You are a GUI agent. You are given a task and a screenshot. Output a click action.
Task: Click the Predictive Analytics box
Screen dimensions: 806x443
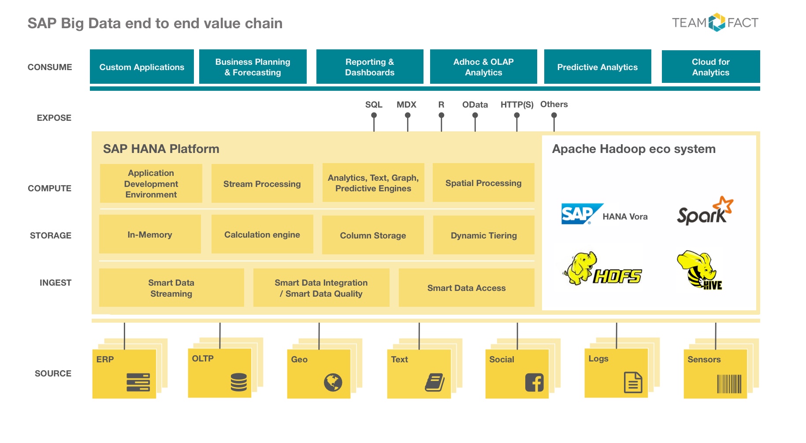(x=598, y=67)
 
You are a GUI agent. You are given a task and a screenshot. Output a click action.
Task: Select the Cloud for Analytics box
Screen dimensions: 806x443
(x=711, y=67)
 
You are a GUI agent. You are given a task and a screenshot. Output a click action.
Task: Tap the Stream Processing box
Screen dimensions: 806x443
(x=262, y=183)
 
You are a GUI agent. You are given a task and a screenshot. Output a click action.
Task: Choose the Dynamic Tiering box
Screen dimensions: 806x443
(x=484, y=235)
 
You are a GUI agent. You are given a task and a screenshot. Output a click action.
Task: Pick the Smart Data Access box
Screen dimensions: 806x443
(x=467, y=288)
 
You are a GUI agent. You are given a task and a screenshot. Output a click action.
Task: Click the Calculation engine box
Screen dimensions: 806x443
(x=262, y=234)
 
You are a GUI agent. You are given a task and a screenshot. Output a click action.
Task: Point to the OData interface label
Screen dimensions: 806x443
(x=475, y=104)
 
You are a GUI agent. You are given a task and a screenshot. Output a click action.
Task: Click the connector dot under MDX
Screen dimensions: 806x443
(x=408, y=115)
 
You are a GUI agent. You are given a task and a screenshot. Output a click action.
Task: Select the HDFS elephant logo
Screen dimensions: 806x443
(x=602, y=269)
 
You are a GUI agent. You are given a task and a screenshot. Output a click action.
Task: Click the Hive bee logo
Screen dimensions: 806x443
(x=699, y=270)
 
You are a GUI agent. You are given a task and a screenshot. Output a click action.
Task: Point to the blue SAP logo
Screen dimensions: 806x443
(x=582, y=214)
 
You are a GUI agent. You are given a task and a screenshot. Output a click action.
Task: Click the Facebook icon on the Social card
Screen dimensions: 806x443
(x=535, y=382)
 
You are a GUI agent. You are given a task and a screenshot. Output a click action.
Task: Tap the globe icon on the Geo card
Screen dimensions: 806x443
(x=333, y=382)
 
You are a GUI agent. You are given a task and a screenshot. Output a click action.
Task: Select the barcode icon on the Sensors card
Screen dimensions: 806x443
(x=729, y=383)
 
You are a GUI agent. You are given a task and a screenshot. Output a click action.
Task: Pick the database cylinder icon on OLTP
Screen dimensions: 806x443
(x=238, y=382)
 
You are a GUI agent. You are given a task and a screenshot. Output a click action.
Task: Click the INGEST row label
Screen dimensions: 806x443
(x=56, y=283)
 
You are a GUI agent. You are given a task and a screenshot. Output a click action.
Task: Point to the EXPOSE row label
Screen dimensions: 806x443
(x=54, y=118)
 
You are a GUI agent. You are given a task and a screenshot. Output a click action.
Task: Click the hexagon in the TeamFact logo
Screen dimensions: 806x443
(x=717, y=22)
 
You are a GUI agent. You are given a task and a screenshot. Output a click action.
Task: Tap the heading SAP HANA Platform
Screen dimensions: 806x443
(x=161, y=149)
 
